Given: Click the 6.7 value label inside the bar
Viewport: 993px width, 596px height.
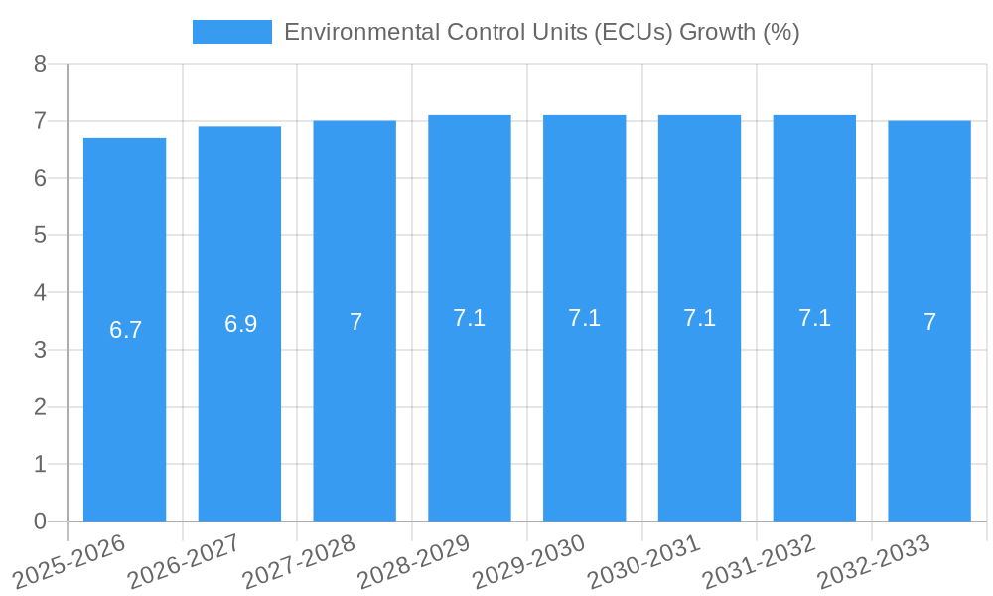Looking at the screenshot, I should point(126,330).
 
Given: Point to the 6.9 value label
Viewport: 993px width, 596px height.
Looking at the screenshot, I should point(240,324).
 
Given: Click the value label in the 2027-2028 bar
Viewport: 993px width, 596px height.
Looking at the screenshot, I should point(355,322).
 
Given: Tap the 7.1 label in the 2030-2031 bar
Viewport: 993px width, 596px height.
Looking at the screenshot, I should point(699,318).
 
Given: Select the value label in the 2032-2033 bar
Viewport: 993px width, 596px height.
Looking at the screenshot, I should point(929,322).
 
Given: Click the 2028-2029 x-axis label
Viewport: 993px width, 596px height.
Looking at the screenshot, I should point(414,562).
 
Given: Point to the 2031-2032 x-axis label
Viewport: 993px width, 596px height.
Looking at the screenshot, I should point(760,562).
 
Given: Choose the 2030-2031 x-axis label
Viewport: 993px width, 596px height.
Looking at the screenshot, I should point(644,562).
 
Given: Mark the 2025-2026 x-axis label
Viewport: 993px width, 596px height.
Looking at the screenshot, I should point(70,562).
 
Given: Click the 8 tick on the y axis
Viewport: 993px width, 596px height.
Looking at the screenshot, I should point(40,64).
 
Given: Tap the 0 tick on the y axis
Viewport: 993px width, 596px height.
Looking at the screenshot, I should point(40,521).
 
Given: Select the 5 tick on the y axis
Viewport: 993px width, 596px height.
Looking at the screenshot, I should point(40,235).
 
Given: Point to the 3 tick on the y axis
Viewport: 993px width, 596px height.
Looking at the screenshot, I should point(40,350).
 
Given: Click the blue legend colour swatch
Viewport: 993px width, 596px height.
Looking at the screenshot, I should point(232,32).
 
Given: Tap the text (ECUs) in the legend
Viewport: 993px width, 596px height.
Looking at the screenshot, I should point(633,32).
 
